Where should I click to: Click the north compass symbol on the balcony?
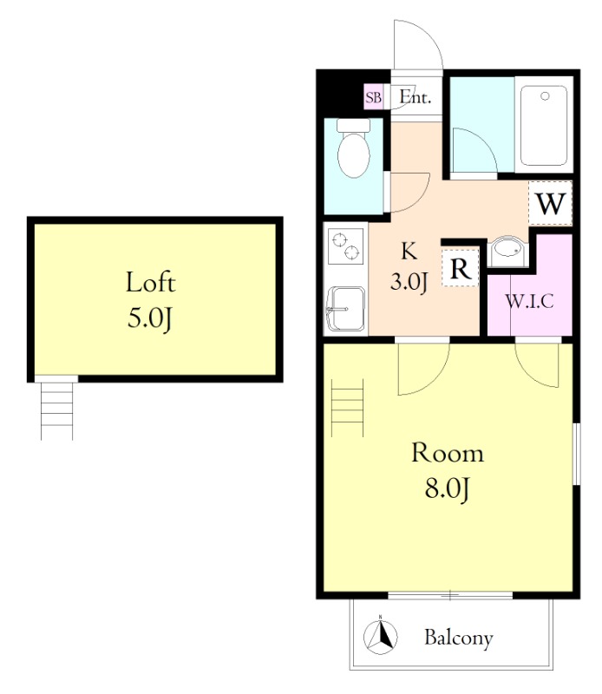coord(380,637)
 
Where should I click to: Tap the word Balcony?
coord(459,638)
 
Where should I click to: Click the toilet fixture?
coord(353,148)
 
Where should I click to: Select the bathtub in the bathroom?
coord(544,126)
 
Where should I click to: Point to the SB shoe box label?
coord(373,97)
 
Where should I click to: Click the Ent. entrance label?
coord(416,96)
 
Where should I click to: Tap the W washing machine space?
coord(551,204)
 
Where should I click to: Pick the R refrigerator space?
coord(461,267)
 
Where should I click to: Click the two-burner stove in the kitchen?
coord(346,246)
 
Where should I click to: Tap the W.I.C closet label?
coord(529,301)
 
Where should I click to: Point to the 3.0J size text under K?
coord(409,281)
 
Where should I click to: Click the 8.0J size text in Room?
coord(447,489)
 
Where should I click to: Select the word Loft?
coord(151,283)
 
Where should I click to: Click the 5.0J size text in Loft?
coord(149,318)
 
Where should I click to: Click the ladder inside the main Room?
coord(348,408)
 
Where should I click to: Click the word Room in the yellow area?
coord(448,453)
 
